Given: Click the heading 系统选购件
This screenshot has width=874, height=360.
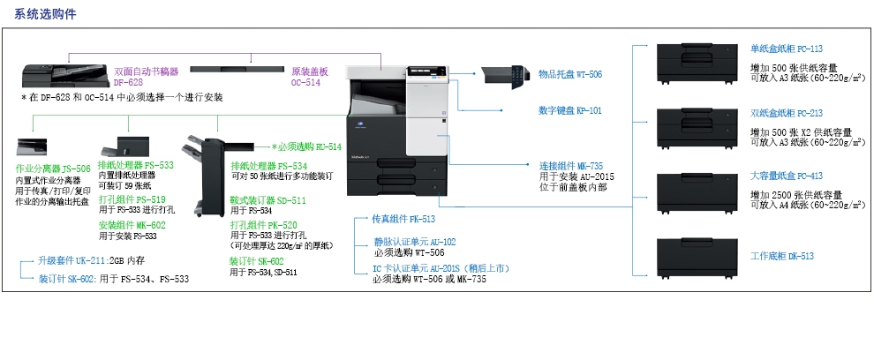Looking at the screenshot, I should (39, 16).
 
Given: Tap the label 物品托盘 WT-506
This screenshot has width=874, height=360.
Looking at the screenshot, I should (569, 74).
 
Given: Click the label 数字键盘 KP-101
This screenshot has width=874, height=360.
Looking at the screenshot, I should (569, 111).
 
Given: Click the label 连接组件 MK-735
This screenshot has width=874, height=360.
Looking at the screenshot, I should (570, 165).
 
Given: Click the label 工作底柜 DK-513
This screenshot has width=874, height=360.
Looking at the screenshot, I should (781, 256).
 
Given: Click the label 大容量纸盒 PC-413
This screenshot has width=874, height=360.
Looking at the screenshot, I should (786, 176).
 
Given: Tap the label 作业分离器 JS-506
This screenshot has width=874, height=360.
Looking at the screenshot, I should (53, 169).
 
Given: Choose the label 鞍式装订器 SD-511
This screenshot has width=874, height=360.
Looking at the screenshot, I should (268, 200).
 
